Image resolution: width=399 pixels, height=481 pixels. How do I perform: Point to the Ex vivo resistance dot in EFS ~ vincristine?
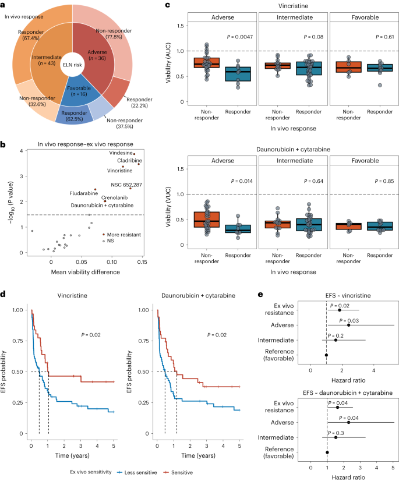pos(339,309)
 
